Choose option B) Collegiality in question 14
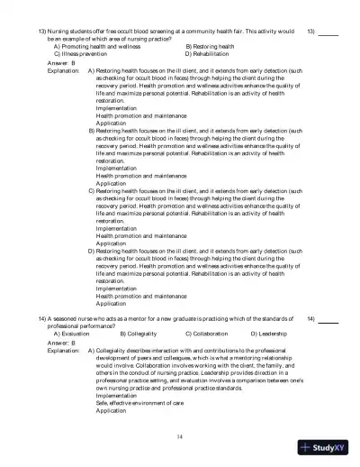tap(139, 334)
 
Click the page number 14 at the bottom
tap(180, 435)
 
